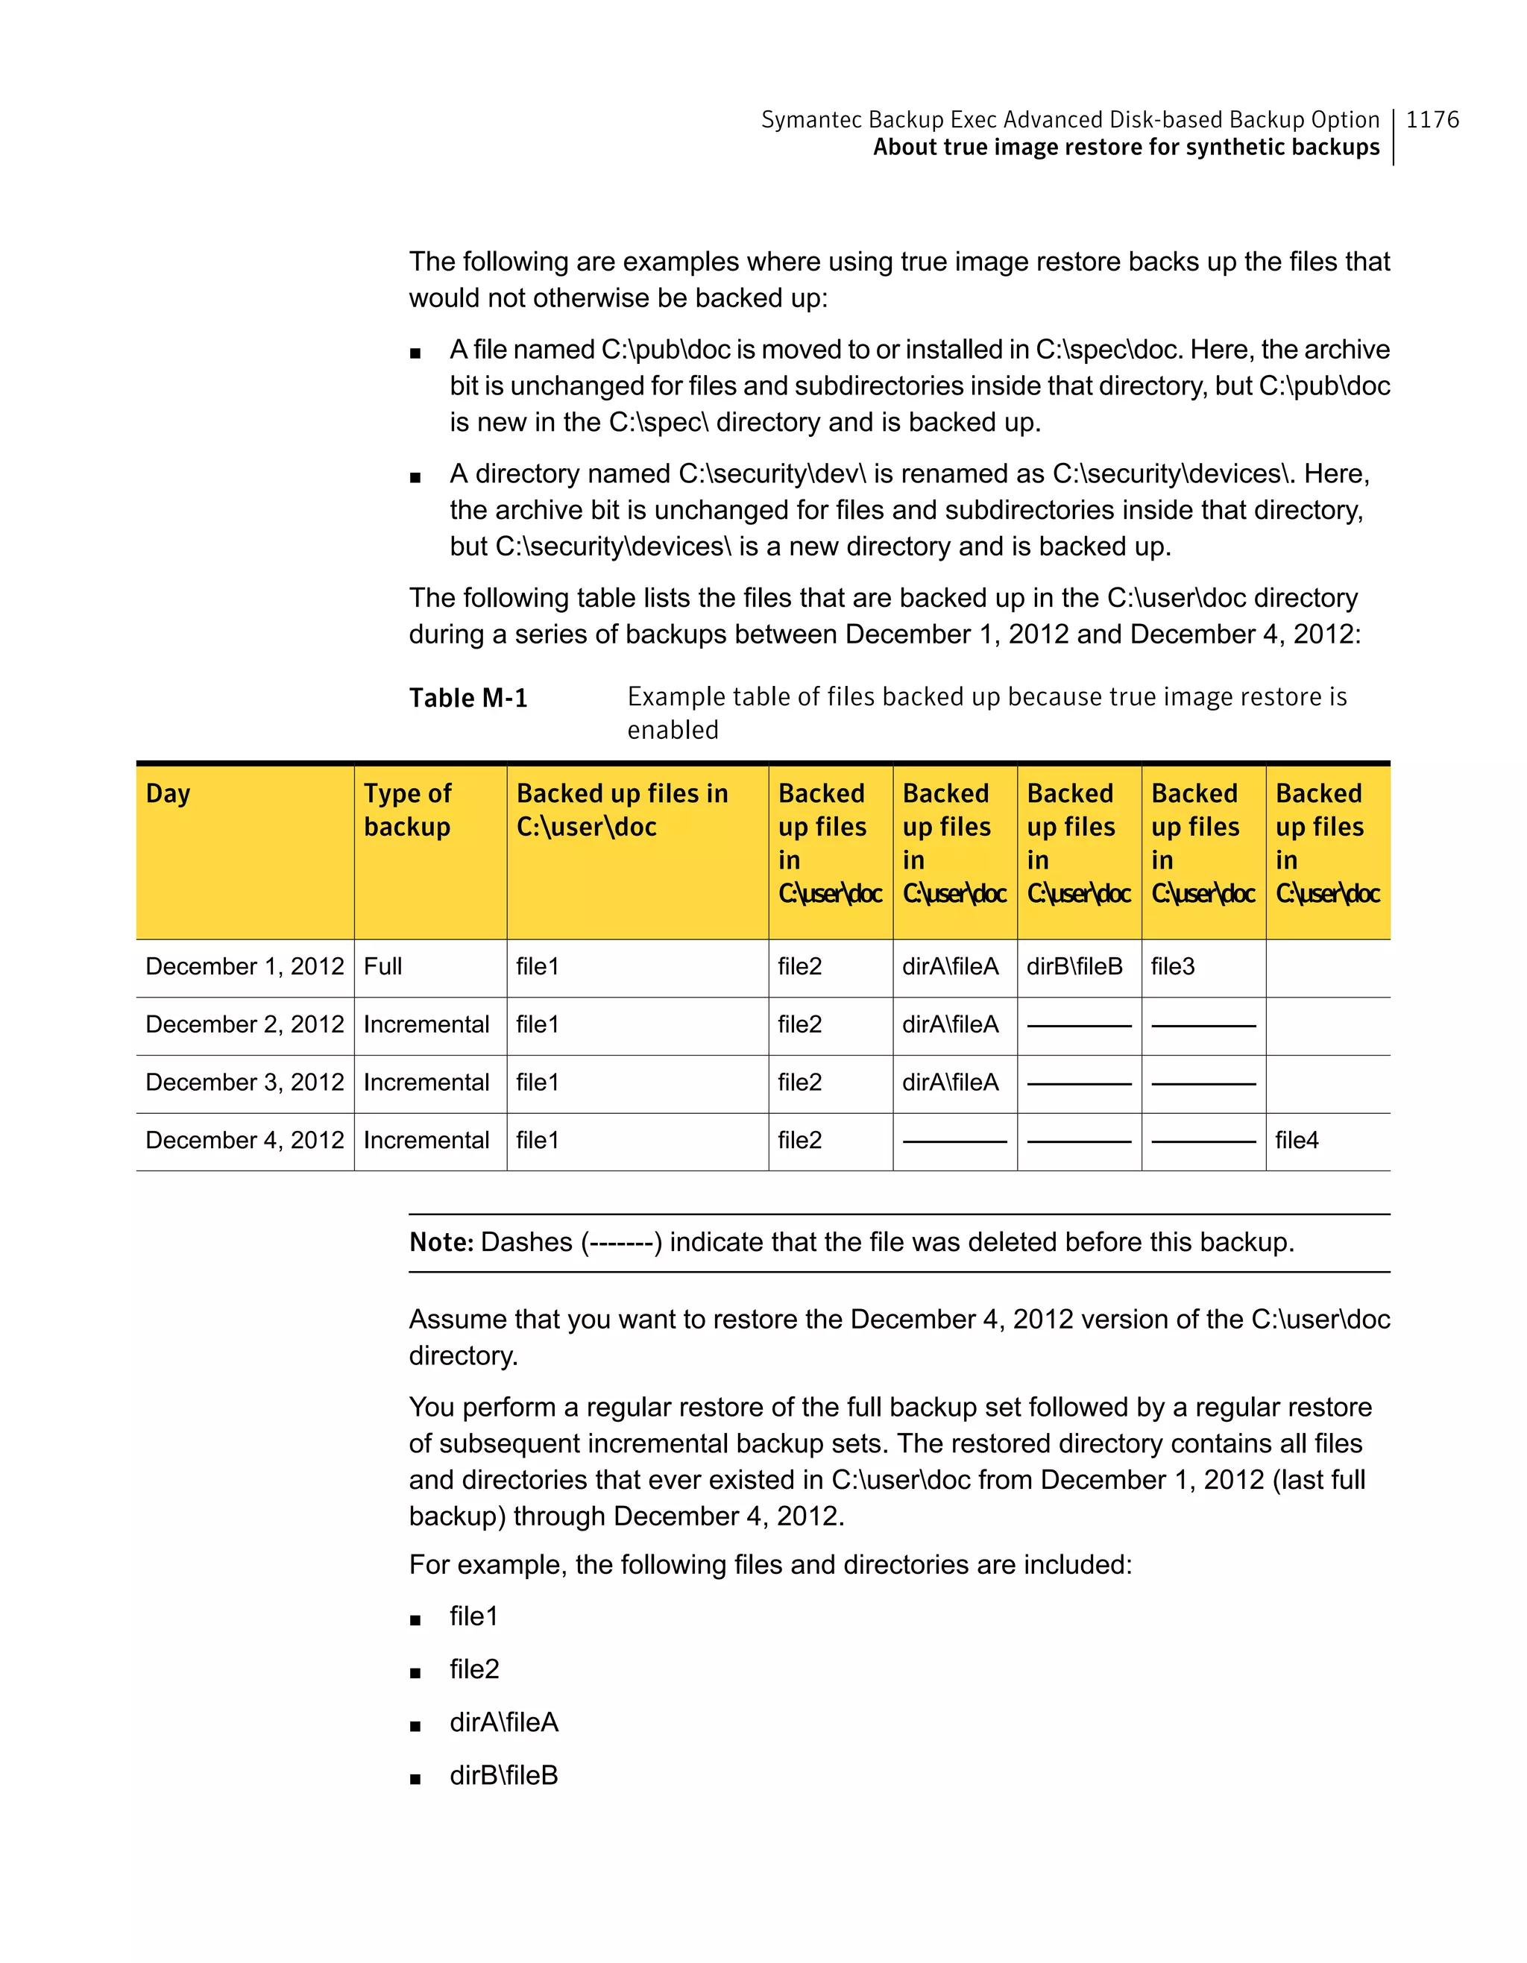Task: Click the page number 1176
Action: pos(1432,119)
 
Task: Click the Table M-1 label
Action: pos(468,698)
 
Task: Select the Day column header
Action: pos(168,794)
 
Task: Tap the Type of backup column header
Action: pos(407,810)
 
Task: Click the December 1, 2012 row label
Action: pos(245,966)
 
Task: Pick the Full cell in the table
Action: pos(383,966)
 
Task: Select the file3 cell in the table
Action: pos(1173,966)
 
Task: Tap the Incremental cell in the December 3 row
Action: pos(426,1083)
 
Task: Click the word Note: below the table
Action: pos(441,1242)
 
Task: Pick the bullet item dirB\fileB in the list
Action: pos(503,1775)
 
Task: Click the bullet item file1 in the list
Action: pos(473,1616)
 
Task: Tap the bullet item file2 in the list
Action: pos(473,1669)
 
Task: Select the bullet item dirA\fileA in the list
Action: pos(503,1722)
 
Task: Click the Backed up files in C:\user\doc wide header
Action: pos(622,810)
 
